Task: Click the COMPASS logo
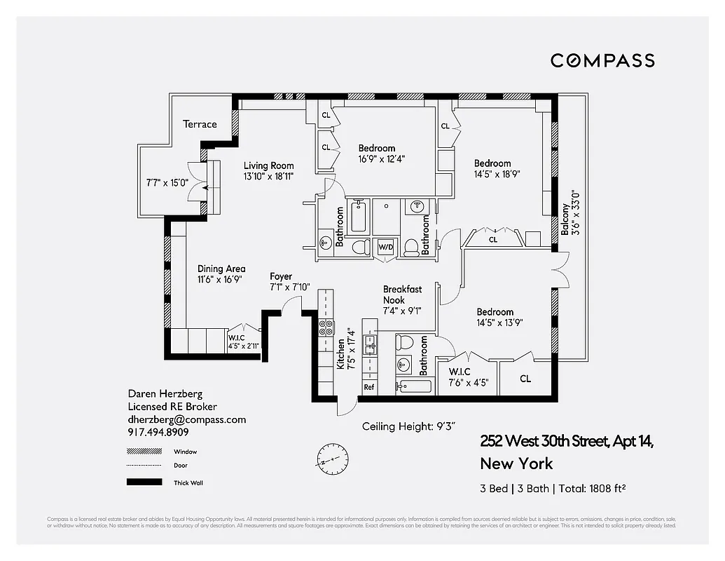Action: point(602,60)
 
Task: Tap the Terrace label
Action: point(200,124)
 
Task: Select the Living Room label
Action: point(268,165)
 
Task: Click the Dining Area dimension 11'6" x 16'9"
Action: point(221,279)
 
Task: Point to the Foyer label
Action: point(281,276)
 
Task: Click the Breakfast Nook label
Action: point(402,295)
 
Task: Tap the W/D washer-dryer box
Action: point(385,248)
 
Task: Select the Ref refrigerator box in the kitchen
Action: point(368,387)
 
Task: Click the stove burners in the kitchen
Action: point(326,326)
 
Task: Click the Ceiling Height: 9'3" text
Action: point(414,426)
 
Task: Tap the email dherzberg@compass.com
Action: point(187,419)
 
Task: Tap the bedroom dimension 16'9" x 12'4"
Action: point(382,158)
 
